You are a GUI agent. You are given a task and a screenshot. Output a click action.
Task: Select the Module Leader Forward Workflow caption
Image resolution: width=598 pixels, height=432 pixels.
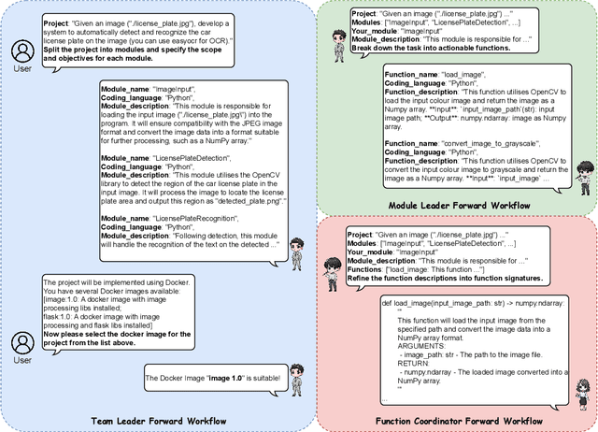458,206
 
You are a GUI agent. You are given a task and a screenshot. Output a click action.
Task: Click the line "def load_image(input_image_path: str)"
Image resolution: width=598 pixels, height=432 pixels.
450,303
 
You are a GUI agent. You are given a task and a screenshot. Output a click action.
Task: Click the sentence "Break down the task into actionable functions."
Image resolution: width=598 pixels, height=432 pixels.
433,48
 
